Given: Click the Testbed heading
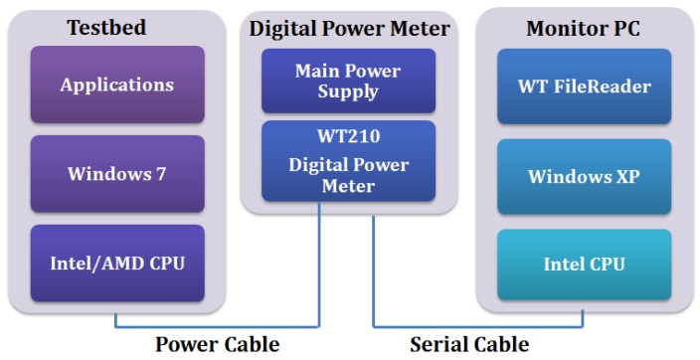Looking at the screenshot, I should click(117, 28).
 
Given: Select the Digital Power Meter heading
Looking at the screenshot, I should click(349, 29).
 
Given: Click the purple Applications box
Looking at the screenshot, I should click(117, 85).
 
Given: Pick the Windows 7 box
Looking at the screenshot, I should click(117, 173).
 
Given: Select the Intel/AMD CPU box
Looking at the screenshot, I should click(117, 264).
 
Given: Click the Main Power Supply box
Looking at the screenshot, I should click(349, 82).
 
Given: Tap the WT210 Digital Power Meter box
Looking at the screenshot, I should click(349, 161).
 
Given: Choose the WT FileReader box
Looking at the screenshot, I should click(584, 87).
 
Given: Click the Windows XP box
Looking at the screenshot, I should click(584, 176).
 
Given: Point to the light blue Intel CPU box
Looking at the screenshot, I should click(584, 265).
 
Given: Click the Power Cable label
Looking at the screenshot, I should click(217, 344).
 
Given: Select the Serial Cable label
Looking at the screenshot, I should click(469, 344).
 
